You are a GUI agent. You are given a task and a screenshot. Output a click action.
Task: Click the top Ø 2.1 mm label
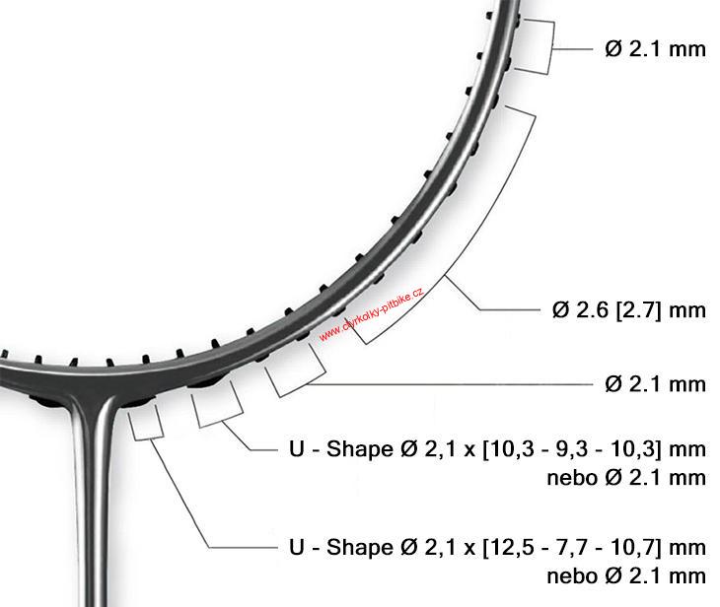click(x=655, y=49)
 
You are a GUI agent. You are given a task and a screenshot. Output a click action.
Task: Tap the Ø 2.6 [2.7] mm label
click(x=629, y=310)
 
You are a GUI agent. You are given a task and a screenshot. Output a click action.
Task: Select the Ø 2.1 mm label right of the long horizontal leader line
click(x=655, y=384)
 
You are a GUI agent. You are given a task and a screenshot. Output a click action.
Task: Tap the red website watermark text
click(x=371, y=314)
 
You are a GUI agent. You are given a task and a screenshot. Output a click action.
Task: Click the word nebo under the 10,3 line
click(x=573, y=478)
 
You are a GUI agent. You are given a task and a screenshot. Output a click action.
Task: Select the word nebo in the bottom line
click(x=573, y=576)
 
